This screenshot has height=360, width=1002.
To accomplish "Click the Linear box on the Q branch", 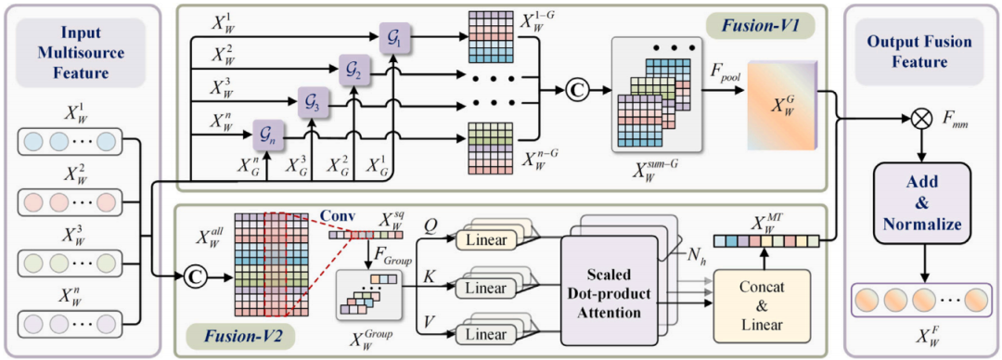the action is coord(485,239).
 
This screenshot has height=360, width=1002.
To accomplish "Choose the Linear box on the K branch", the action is coord(485,286).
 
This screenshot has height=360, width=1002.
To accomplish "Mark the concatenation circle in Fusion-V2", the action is coord(192,277).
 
